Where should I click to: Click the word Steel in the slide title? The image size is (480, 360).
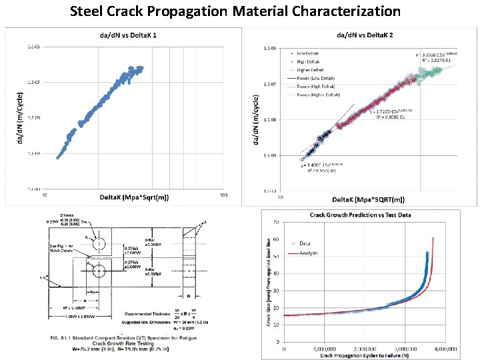[x=90, y=11]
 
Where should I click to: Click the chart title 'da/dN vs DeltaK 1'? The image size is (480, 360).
[x=124, y=34]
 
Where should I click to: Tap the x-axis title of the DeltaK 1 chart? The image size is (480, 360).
[x=134, y=197]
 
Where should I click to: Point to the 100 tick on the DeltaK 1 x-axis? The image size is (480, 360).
[x=223, y=195]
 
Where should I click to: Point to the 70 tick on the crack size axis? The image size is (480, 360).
[x=277, y=221]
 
